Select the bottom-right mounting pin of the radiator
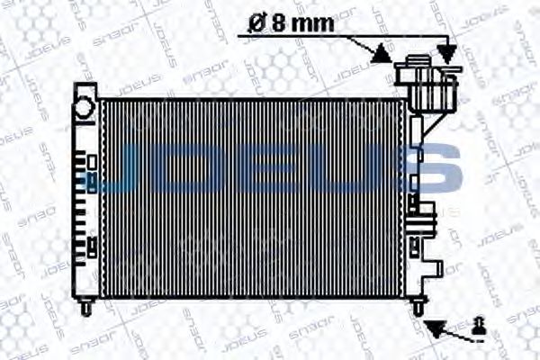click(x=418, y=307)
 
